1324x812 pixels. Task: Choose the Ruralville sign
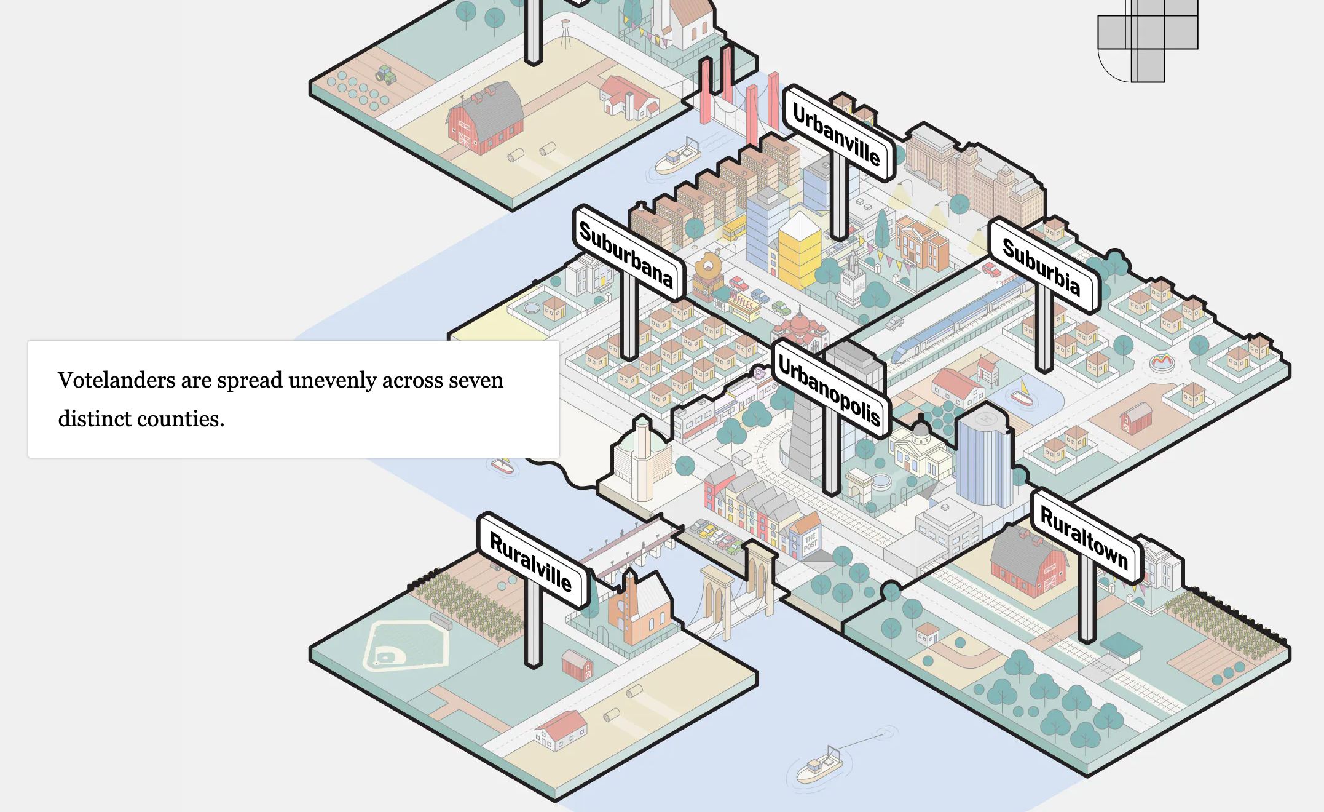[531, 561]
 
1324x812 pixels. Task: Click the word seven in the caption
[476, 380]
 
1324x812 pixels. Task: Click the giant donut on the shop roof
[708, 267]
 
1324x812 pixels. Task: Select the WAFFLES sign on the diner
[742, 303]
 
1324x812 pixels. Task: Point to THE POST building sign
[811, 542]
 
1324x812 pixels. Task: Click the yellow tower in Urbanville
[799, 252]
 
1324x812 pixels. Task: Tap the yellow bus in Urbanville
[735, 228]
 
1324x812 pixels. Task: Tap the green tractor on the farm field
[386, 75]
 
